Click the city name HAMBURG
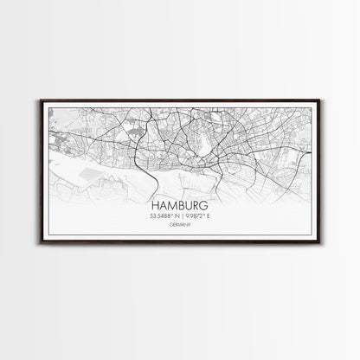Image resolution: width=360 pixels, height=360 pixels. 180,207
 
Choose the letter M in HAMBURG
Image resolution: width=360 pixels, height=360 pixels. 172,207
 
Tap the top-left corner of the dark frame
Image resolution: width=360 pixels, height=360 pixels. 39,100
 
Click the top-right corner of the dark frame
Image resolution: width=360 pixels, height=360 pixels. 321,100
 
